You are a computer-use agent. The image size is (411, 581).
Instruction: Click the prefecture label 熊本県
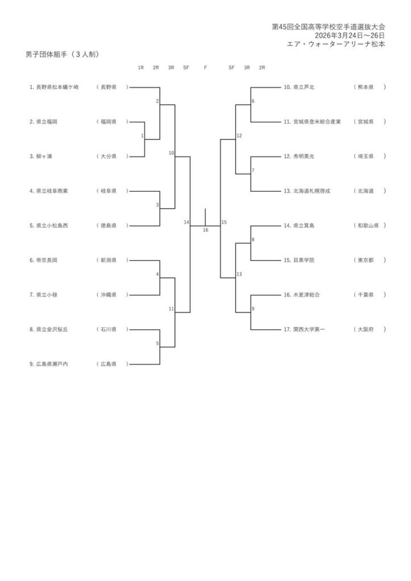[x=364, y=87]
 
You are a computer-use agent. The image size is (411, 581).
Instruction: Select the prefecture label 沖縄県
[x=108, y=294]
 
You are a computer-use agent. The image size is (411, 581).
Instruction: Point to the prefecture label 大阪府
[x=364, y=329]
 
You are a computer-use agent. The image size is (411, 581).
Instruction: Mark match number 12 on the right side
[x=239, y=136]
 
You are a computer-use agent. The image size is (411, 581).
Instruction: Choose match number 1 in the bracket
[x=142, y=136]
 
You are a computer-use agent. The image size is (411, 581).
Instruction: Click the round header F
[x=205, y=68]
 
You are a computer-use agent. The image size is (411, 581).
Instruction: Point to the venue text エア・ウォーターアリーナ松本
[x=337, y=44]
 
